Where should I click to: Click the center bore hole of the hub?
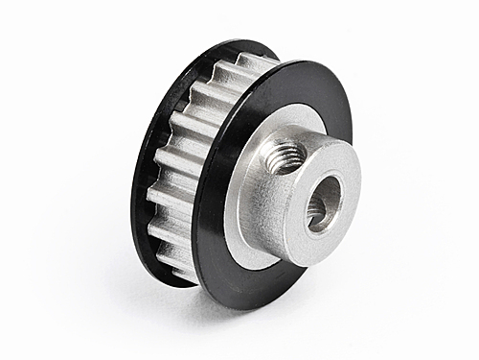tap(322, 205)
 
